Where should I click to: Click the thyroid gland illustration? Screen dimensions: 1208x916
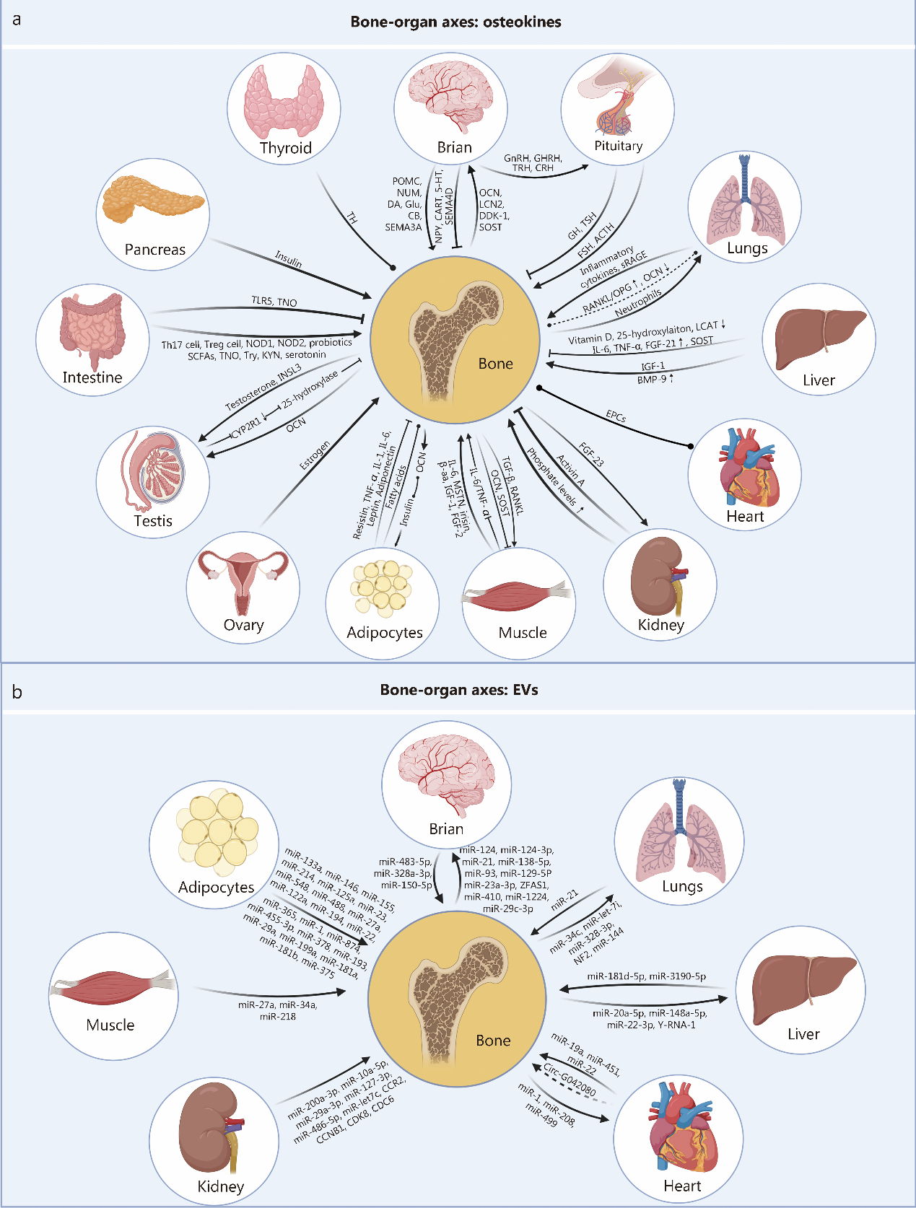click(x=284, y=101)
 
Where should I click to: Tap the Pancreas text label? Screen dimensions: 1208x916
click(x=154, y=250)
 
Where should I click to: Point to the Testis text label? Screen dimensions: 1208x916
click(x=153, y=521)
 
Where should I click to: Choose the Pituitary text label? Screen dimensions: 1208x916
click(x=618, y=146)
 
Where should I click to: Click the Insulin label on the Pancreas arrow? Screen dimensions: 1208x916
click(x=289, y=259)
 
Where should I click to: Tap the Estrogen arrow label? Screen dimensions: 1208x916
click(x=315, y=455)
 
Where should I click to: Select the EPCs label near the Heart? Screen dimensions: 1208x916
click(x=616, y=416)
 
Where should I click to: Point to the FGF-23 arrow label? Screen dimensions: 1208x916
click(x=591, y=455)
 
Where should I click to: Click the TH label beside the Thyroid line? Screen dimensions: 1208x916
click(x=352, y=217)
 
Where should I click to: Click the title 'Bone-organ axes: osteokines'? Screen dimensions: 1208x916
click(x=455, y=22)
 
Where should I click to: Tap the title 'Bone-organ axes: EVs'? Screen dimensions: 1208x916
click(x=458, y=690)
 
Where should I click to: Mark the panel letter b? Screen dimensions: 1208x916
click(x=17, y=692)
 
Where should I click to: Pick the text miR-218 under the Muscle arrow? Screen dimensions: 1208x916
click(x=278, y=1016)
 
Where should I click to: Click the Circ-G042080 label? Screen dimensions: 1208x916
click(x=570, y=1080)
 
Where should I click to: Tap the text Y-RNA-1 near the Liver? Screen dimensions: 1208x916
click(x=677, y=1025)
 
